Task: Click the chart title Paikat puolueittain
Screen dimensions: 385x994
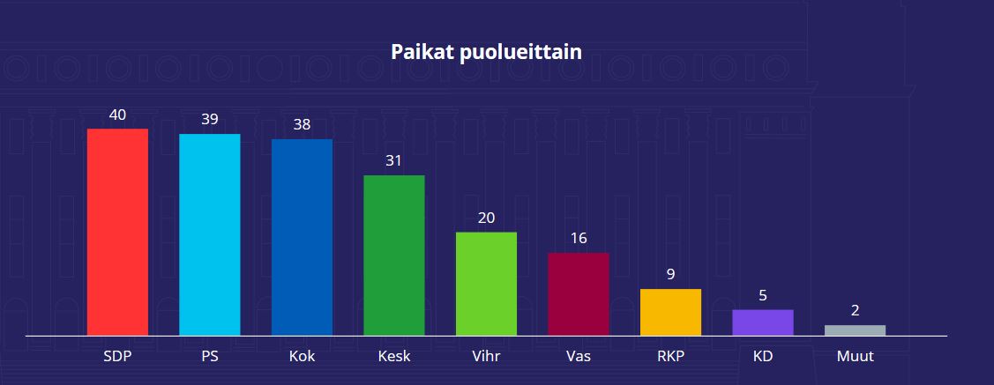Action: [x=486, y=52]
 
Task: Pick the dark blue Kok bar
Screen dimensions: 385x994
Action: [x=302, y=237]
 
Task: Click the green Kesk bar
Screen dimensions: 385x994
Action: [x=394, y=255]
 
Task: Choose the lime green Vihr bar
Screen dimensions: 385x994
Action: [x=486, y=284]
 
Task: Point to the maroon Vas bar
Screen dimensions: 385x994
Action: [x=579, y=293]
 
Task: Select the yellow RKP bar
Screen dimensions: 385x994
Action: [x=670, y=312]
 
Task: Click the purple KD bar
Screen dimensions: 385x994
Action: [x=763, y=322]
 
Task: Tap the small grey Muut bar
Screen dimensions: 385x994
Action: [x=855, y=330]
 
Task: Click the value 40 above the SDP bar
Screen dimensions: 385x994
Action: [x=117, y=115]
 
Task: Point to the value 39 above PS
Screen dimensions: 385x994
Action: [x=209, y=119]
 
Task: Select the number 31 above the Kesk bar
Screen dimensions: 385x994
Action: [x=394, y=160]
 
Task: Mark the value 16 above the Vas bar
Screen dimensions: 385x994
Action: [x=579, y=238]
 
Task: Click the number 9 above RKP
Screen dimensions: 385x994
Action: [x=670, y=274]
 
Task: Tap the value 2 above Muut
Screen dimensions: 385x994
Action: [x=855, y=310]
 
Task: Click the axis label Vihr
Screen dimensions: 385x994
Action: [x=486, y=357]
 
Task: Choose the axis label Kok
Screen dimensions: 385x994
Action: [x=302, y=357]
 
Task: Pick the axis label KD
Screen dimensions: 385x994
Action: [x=763, y=357]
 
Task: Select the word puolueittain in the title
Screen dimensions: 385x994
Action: [x=521, y=53]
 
